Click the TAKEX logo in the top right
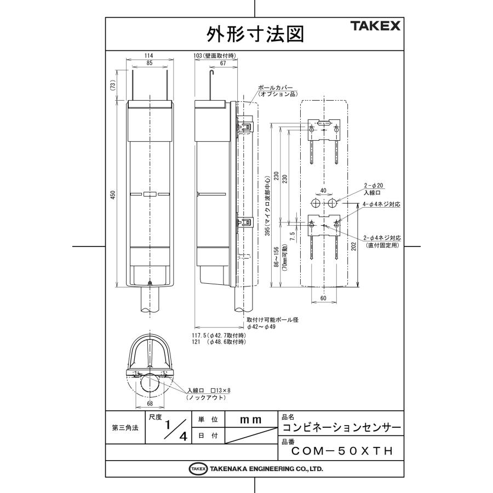[x=375, y=26]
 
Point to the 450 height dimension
[x=113, y=196]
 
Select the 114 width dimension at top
[x=148, y=56]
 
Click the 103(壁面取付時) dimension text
[x=215, y=56]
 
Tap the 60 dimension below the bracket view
[x=323, y=297]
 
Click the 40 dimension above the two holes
[x=323, y=190]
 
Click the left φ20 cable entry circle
[x=316, y=203]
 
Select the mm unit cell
[x=250, y=419]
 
